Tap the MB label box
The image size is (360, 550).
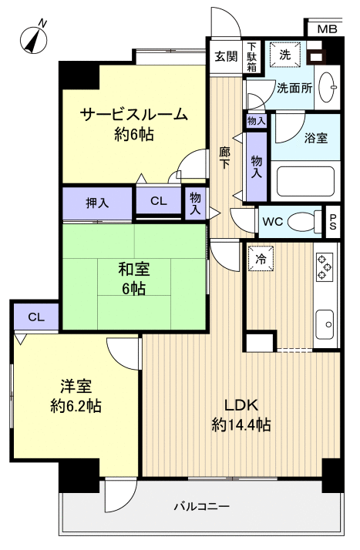pyautogui.click(x=327, y=29)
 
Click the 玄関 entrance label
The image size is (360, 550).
pyautogui.click(x=225, y=55)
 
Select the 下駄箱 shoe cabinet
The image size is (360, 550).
pyautogui.click(x=252, y=55)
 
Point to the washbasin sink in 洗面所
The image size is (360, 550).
pyautogui.click(x=328, y=86)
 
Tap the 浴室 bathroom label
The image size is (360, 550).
pyautogui.click(x=316, y=139)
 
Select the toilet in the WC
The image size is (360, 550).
pyautogui.click(x=304, y=222)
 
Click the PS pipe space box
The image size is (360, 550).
pyautogui.click(x=333, y=221)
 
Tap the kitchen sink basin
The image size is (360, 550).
pyautogui.click(x=324, y=320)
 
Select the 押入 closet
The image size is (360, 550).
pyautogui.click(x=97, y=203)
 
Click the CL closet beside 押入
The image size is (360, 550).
pyautogui.click(x=158, y=201)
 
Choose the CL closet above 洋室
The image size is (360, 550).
pyautogui.click(x=35, y=317)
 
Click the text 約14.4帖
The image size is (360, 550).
pyautogui.click(x=241, y=424)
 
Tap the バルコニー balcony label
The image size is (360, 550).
pyautogui.click(x=200, y=506)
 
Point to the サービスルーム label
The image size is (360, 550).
pyautogui.click(x=133, y=116)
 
